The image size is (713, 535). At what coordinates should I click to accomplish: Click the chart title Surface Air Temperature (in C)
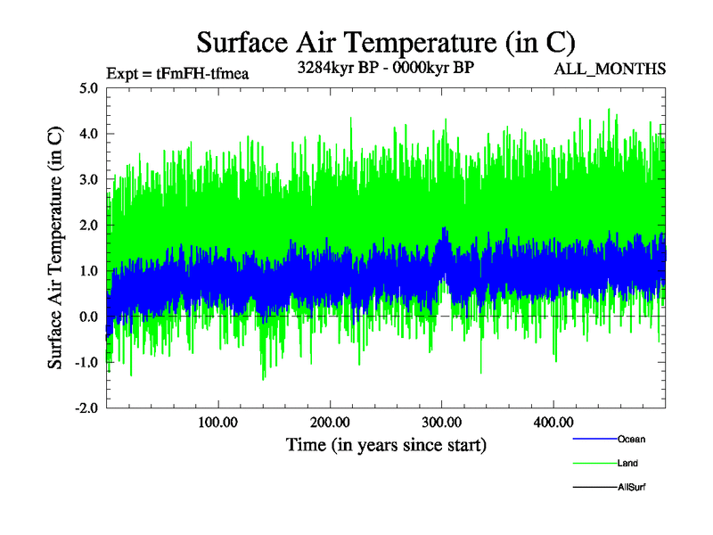(386, 42)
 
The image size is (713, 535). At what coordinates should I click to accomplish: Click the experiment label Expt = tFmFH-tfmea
(176, 73)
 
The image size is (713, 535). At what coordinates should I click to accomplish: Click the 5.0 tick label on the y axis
(88, 88)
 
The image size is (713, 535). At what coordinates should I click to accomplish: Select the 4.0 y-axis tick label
(88, 134)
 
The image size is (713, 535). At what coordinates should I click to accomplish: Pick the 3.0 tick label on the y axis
(88, 179)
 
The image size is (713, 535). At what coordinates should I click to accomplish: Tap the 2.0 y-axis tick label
(88, 225)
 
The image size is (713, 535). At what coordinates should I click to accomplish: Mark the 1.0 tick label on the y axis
(88, 270)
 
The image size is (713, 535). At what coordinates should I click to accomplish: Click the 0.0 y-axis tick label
(88, 317)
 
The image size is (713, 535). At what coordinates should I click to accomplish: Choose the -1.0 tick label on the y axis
(86, 362)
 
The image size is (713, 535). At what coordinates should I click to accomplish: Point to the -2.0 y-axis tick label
(86, 407)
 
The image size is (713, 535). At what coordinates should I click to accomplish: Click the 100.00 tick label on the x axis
(217, 421)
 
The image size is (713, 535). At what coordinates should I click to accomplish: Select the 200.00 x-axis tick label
(330, 421)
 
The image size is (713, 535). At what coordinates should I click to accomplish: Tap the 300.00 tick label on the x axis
(441, 421)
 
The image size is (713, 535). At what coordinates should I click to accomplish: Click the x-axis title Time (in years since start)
(386, 443)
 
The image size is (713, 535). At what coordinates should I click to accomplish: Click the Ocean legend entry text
(631, 439)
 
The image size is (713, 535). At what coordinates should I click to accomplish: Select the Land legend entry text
(627, 463)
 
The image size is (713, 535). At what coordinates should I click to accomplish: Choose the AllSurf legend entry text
(631, 487)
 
